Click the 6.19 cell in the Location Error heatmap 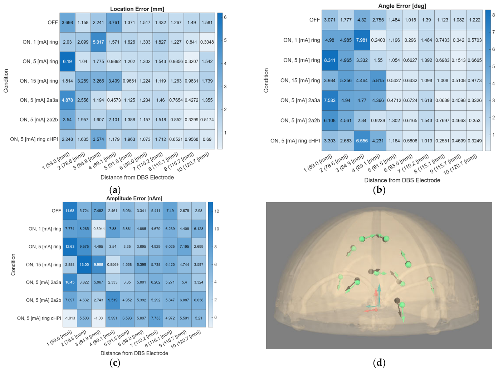(67, 61)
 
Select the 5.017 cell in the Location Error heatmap (98, 42)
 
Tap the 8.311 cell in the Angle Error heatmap (329, 60)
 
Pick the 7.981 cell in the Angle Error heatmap (362, 40)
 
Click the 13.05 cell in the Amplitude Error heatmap (84, 264)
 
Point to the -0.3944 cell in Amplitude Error (98, 229)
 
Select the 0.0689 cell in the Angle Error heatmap (442, 101)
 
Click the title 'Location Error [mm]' (137, 9)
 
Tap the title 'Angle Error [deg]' (402, 6)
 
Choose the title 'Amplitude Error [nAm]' (134, 198)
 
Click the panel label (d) (379, 362)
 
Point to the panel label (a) (115, 190)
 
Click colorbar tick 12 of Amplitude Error (217, 211)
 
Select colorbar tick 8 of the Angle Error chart (493, 15)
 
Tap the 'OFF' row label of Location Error (53, 23)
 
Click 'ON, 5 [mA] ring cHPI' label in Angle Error (295, 141)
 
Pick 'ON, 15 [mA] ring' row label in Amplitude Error (44, 264)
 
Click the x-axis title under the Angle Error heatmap (402, 180)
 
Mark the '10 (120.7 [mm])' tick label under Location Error (193, 162)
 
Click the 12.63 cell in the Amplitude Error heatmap (70, 246)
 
